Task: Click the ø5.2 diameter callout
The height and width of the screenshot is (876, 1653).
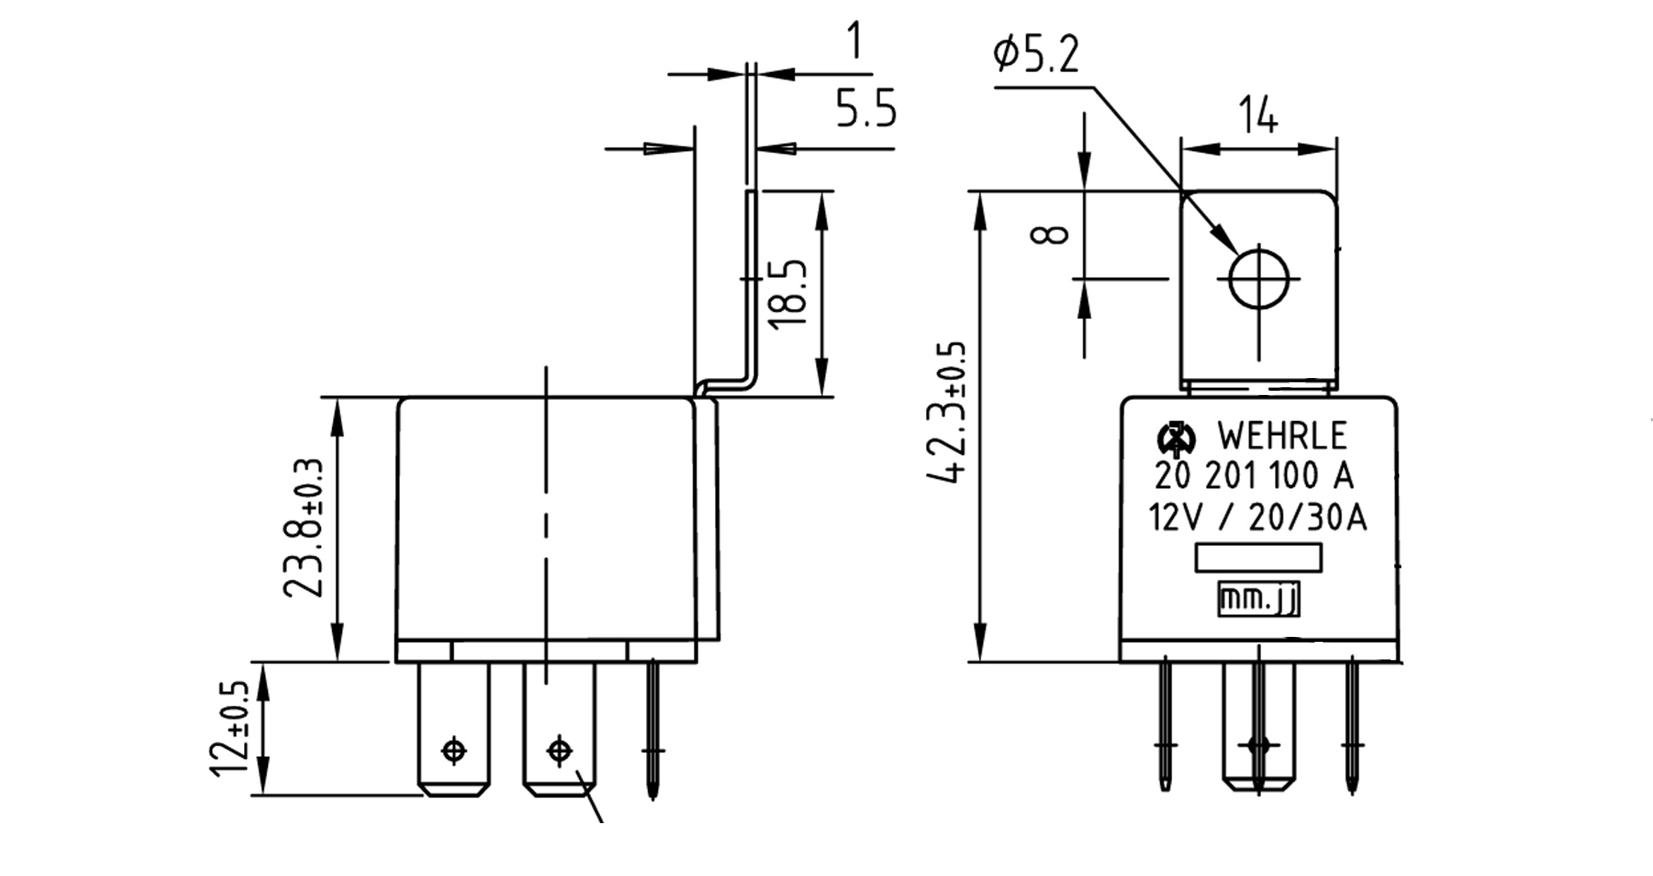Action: tap(1035, 55)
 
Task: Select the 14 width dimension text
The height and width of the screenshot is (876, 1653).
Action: tap(1258, 117)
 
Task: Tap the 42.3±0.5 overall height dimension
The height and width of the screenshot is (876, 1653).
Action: tap(946, 413)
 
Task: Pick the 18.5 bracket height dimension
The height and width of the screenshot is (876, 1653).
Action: tap(788, 293)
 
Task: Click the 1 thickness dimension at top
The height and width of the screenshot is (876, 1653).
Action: tap(854, 41)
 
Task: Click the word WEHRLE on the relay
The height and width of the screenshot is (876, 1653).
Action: tap(1282, 436)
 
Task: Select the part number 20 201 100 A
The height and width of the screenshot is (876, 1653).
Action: tap(1254, 477)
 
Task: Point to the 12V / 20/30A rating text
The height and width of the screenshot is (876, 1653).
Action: tap(1257, 518)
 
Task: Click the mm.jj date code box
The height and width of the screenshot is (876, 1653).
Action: tap(1259, 600)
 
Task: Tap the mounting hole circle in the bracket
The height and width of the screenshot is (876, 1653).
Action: tap(1259, 279)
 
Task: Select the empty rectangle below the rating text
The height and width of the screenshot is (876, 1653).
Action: tap(1258, 557)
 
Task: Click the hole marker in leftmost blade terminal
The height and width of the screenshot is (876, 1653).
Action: tap(453, 750)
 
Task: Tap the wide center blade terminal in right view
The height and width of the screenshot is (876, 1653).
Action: tap(1259, 726)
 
